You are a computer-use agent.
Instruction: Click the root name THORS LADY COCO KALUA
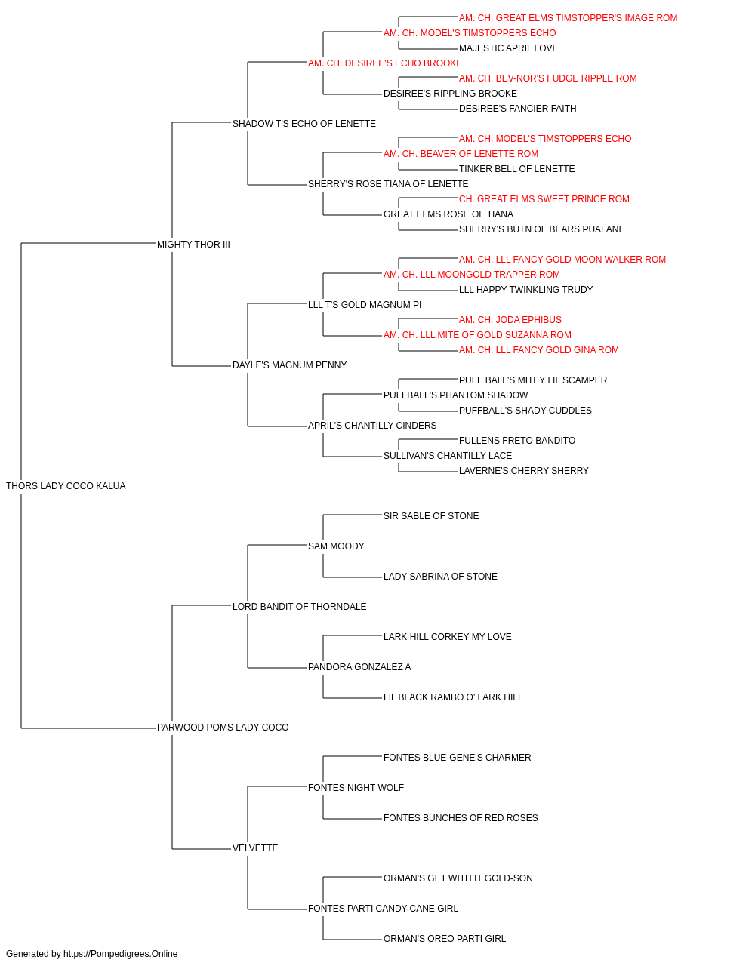[x=66, y=486]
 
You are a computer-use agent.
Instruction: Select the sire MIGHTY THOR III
[x=193, y=245]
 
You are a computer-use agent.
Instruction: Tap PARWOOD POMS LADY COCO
[x=223, y=728]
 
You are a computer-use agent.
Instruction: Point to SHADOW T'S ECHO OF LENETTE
[x=304, y=124]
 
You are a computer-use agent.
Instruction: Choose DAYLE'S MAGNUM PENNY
[x=289, y=365]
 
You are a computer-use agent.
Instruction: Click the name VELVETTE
[x=255, y=848]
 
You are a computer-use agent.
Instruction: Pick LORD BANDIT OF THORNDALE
[x=299, y=607]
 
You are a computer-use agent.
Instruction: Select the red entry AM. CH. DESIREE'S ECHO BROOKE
[x=385, y=63]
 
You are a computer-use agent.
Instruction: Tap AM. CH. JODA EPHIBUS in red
[x=510, y=320]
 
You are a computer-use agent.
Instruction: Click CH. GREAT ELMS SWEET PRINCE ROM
[x=544, y=199]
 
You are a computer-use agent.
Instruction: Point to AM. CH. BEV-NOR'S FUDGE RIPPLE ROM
[x=548, y=78]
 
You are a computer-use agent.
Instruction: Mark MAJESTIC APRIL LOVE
[x=508, y=48]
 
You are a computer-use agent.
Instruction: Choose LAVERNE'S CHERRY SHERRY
[x=524, y=471]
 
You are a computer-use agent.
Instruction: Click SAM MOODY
[x=336, y=546]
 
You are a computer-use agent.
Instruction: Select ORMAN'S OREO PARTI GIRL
[x=445, y=939]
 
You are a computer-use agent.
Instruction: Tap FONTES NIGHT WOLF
[x=356, y=788]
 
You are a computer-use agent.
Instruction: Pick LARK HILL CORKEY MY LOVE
[x=447, y=637]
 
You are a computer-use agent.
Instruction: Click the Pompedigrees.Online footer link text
[x=121, y=954]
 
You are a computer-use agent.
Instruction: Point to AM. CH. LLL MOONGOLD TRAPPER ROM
[x=472, y=275]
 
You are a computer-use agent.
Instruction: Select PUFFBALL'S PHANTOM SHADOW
[x=456, y=395]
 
